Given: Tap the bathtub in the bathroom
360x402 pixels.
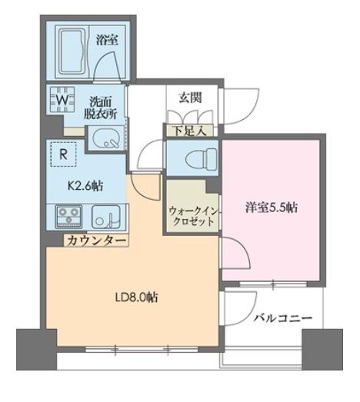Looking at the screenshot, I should (x=68, y=50).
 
